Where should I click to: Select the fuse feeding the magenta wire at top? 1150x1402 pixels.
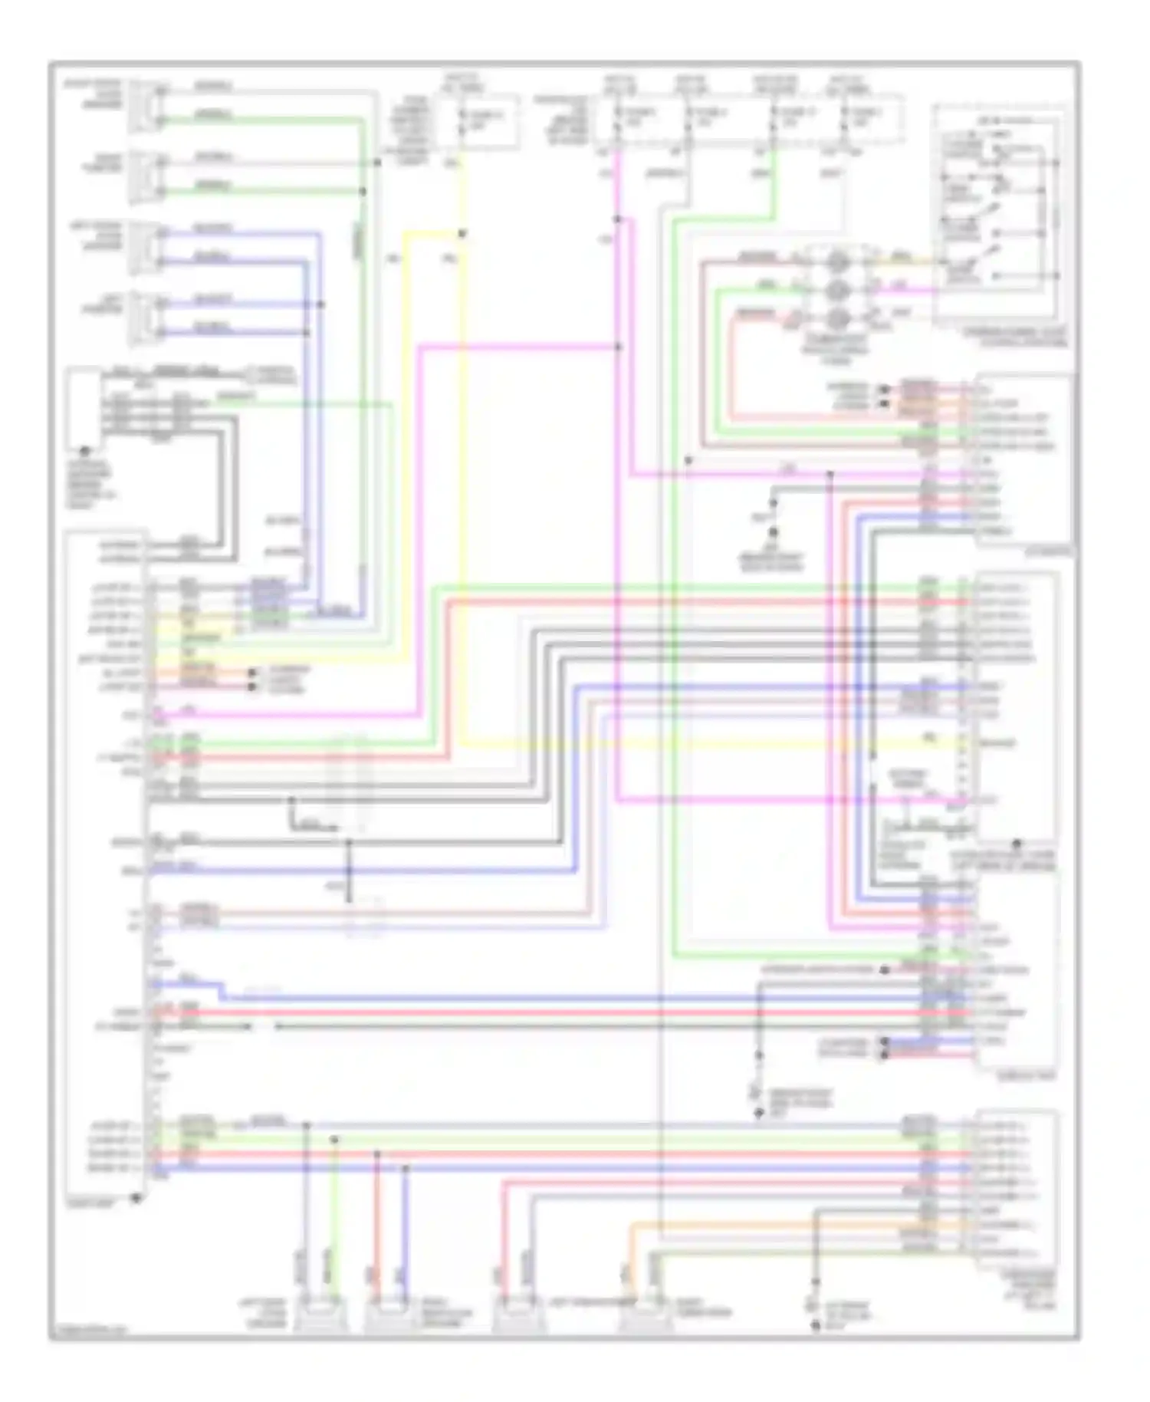[x=618, y=121]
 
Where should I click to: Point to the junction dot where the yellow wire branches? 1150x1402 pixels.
[x=462, y=234]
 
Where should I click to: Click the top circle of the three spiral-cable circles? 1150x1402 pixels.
[x=838, y=262]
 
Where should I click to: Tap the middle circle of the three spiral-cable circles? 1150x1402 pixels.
[x=838, y=289]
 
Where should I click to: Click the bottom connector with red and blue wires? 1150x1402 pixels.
[x=390, y=1317]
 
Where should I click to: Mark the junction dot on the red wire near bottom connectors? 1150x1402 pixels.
[x=377, y=1154]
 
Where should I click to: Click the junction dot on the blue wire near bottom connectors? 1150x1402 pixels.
[x=406, y=1168]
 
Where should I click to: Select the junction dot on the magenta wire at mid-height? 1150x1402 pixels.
[x=618, y=347]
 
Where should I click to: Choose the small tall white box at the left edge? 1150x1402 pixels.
[x=84, y=408]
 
